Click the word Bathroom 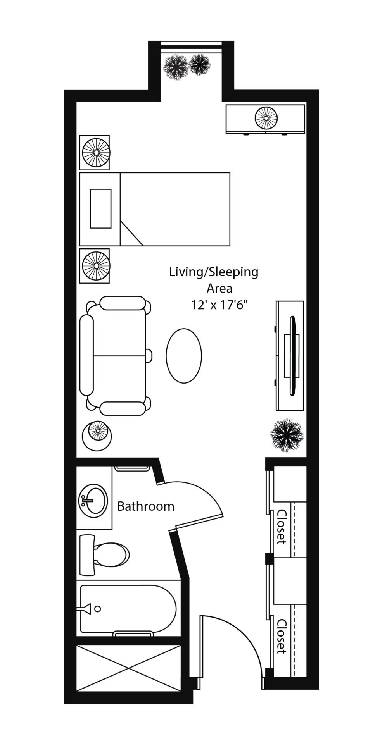click(x=145, y=506)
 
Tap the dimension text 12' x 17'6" click(x=219, y=305)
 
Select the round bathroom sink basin click(x=93, y=501)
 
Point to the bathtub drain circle click(x=98, y=609)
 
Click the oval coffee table click(x=184, y=356)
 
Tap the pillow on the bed click(x=101, y=208)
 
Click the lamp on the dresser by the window click(x=266, y=117)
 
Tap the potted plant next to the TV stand click(x=287, y=435)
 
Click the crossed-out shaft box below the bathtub click(x=129, y=668)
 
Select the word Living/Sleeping click(x=214, y=272)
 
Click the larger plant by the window click(x=176, y=67)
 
